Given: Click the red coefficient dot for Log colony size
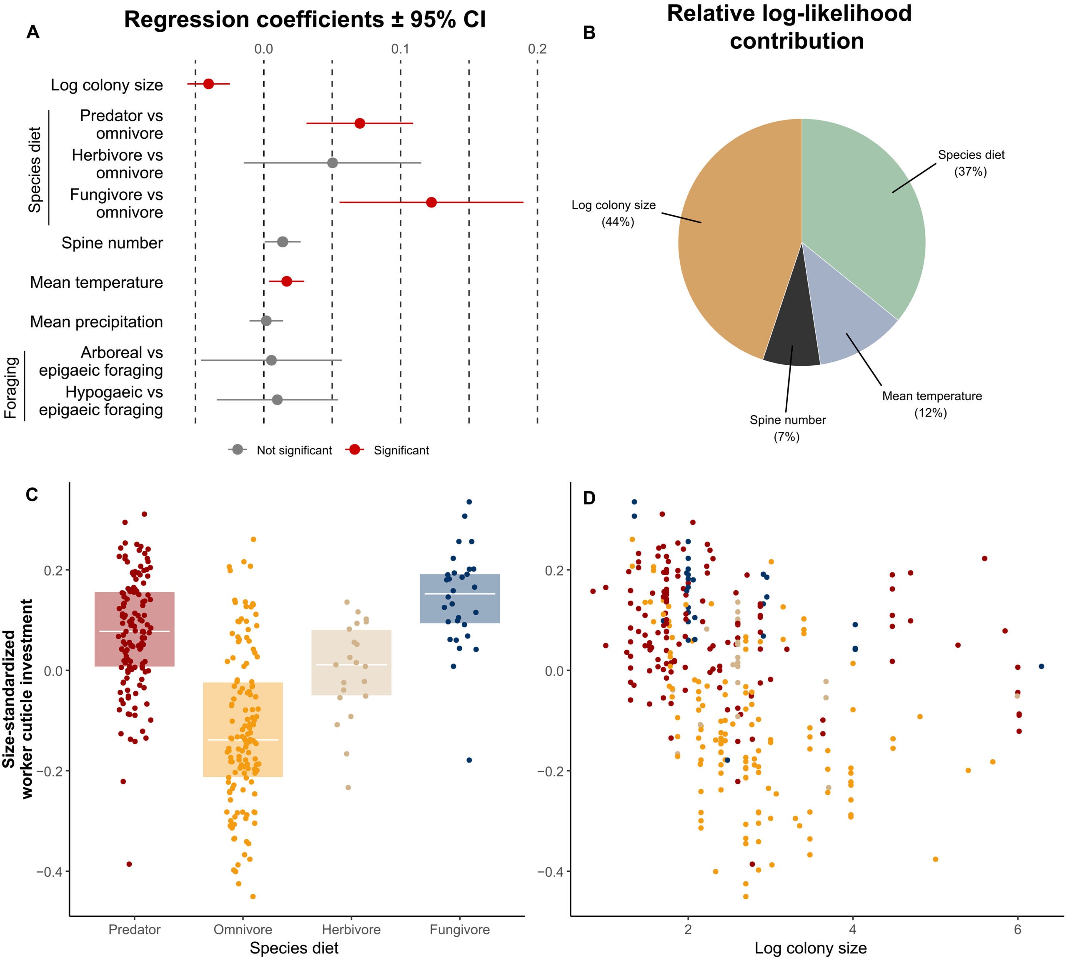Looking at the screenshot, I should click(208, 84).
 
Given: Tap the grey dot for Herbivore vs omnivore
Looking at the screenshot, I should click(332, 162).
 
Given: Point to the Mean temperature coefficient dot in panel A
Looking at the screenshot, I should click(286, 282).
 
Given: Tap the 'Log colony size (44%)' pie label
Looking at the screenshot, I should click(614, 213).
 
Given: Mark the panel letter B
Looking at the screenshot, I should click(589, 32).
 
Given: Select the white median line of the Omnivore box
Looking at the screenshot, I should click(243, 740).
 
